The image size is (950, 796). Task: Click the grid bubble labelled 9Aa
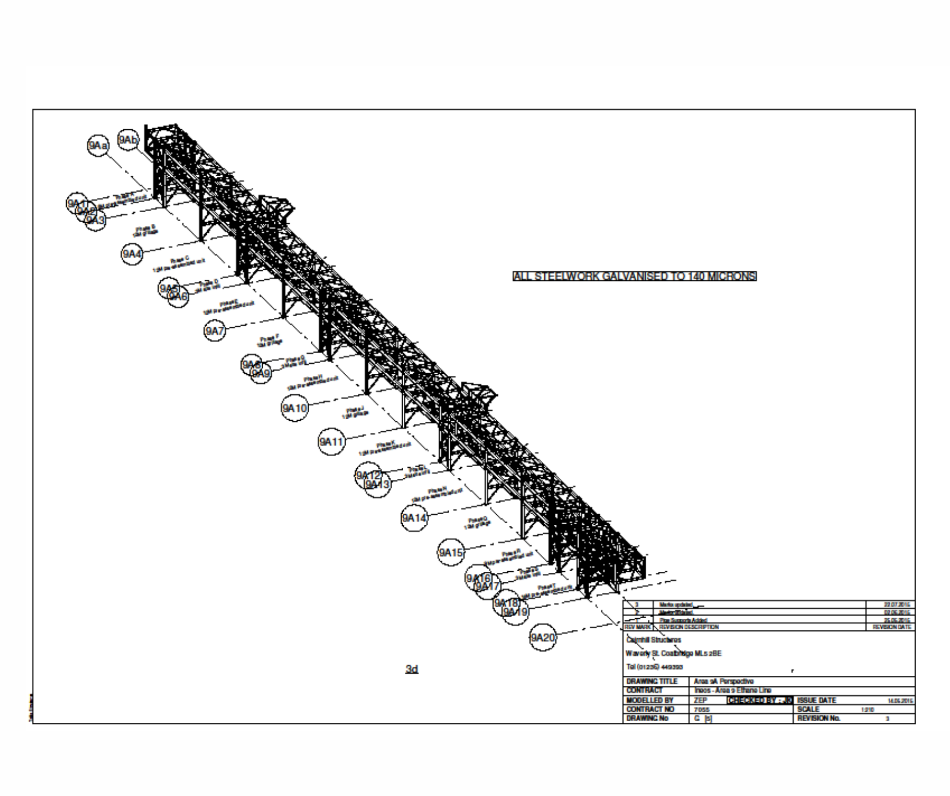point(98,146)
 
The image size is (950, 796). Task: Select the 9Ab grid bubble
point(128,139)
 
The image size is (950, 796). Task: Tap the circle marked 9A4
point(132,254)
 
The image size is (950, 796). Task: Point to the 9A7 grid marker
point(215,331)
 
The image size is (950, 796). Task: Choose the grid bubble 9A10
point(294,408)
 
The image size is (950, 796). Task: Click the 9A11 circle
point(331,442)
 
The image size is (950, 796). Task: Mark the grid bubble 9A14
point(414,518)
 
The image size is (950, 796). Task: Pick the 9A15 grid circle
point(450,553)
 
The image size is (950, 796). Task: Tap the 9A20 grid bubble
point(543,638)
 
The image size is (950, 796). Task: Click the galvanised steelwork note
point(635,276)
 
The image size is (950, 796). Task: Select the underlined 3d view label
point(412,669)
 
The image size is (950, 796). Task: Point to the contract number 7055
point(702,710)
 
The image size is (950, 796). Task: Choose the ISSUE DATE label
point(817,701)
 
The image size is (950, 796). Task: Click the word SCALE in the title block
point(809,710)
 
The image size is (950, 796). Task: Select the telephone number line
point(655,667)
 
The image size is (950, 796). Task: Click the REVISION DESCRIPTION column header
point(689,627)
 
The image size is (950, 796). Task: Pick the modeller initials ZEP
point(700,701)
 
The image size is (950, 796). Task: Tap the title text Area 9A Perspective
point(724,681)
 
